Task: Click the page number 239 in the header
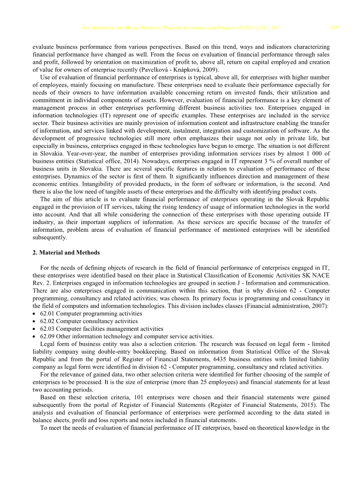(334, 28)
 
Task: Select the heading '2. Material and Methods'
(66, 253)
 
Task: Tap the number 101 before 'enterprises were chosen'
(140, 397)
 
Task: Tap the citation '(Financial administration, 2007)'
(283, 306)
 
